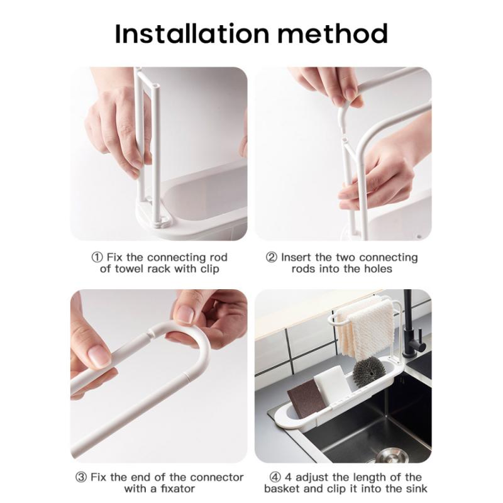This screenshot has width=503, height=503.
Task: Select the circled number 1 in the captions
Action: (x=97, y=258)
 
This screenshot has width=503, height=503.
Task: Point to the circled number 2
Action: (x=272, y=258)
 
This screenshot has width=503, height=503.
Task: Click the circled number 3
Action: (x=82, y=477)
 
